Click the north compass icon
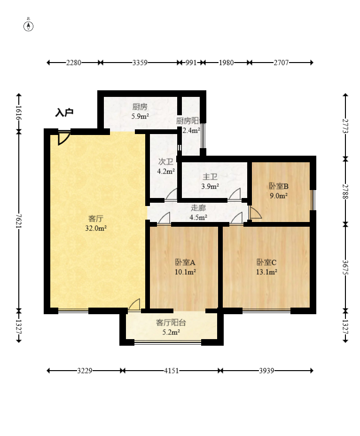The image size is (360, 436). pyautogui.click(x=29, y=25)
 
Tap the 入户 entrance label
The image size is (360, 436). pyautogui.click(x=64, y=112)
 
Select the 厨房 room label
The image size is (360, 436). pyautogui.click(x=140, y=106)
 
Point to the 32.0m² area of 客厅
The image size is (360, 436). pyautogui.click(x=96, y=228)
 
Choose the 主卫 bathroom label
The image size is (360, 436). pyautogui.click(x=210, y=177)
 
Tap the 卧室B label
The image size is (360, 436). pyautogui.click(x=278, y=186)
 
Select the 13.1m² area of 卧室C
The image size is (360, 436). pyautogui.click(x=266, y=271)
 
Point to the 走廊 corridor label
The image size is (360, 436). pyautogui.click(x=198, y=207)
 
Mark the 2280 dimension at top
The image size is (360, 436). pyautogui.click(x=74, y=62)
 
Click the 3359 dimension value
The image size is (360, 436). pyautogui.click(x=141, y=62)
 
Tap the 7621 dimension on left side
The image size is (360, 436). pyautogui.click(x=18, y=221)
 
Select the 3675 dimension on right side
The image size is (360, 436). pyautogui.click(x=345, y=267)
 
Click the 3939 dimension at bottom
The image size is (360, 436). pyautogui.click(x=267, y=371)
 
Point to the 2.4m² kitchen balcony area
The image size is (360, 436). pyautogui.click(x=191, y=131)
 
